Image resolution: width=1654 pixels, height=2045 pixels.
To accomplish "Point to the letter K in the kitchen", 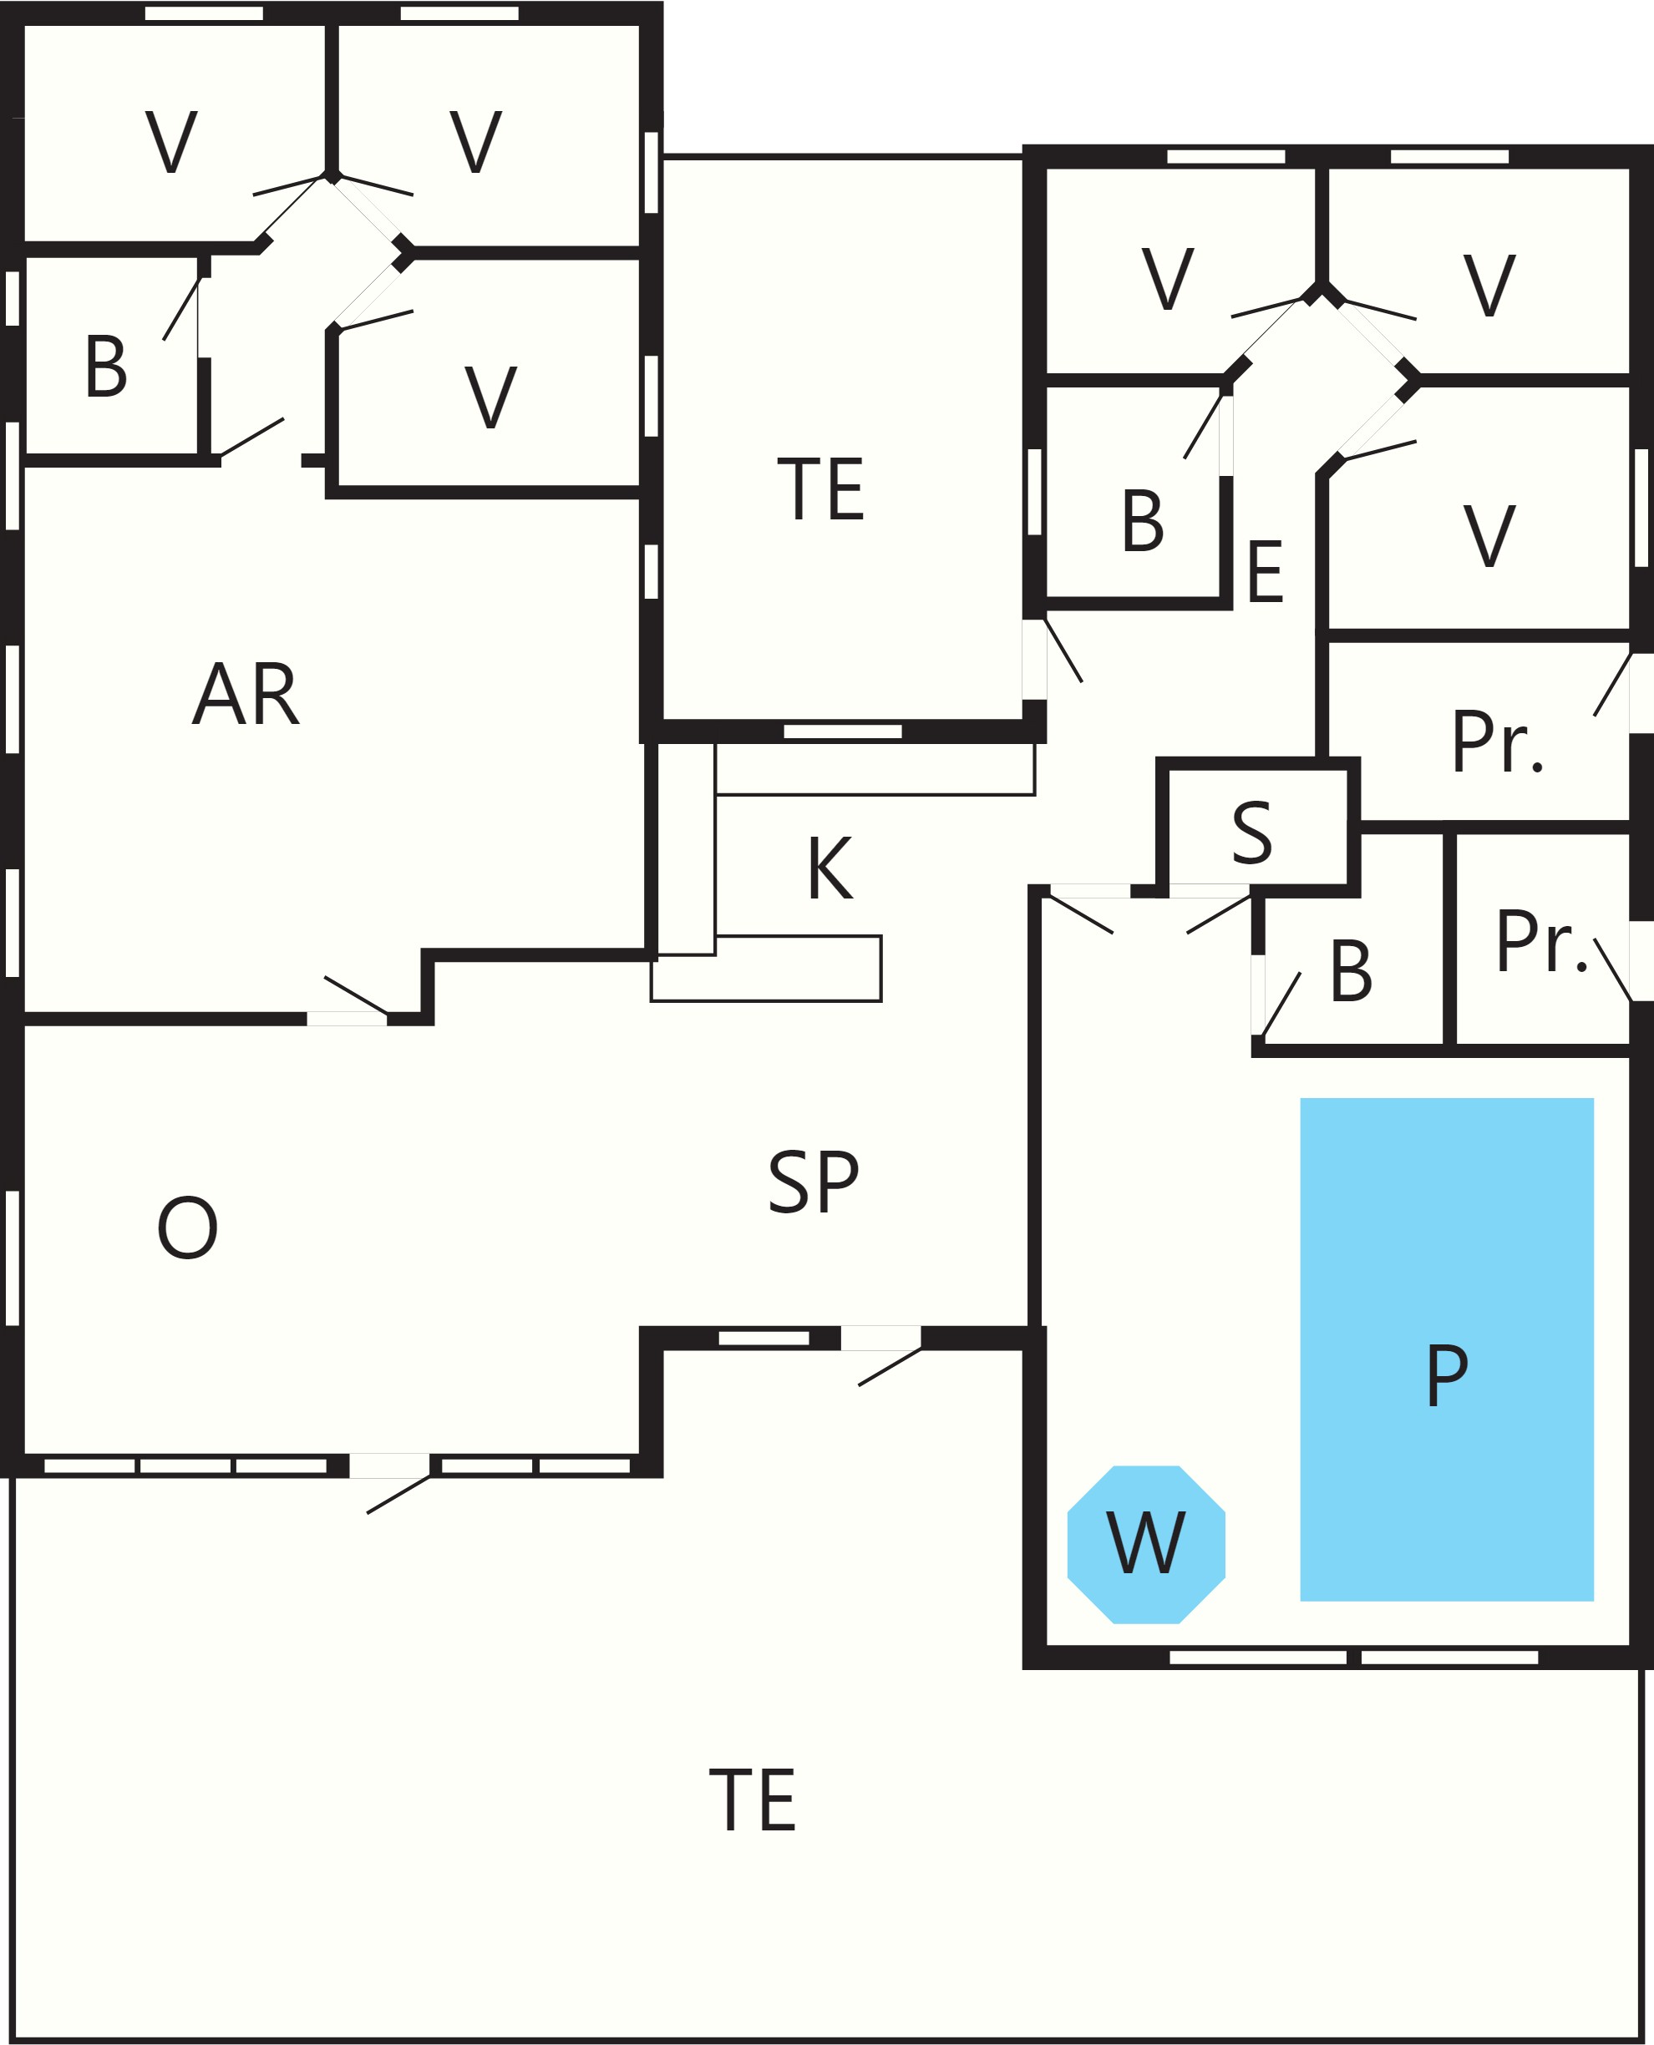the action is (x=830, y=868).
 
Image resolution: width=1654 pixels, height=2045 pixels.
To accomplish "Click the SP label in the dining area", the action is (x=814, y=1182).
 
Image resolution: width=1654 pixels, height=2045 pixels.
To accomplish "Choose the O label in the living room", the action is (x=188, y=1228).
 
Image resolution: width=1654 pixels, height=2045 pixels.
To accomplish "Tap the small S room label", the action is (x=1251, y=833).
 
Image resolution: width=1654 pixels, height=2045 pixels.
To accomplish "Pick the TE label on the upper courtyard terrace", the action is (x=821, y=488).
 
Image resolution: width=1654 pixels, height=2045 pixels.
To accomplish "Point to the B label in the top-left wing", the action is (x=106, y=366).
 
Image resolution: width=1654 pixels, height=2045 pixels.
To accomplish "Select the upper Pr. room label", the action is (x=1498, y=742).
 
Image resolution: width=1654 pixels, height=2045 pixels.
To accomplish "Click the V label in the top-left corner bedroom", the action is (x=171, y=142).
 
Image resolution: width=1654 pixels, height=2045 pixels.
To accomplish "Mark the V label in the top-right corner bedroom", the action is (x=1489, y=285).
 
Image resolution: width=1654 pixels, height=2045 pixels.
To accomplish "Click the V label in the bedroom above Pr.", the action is (x=1489, y=535).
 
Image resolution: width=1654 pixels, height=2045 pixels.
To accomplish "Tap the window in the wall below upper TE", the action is (x=843, y=731).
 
